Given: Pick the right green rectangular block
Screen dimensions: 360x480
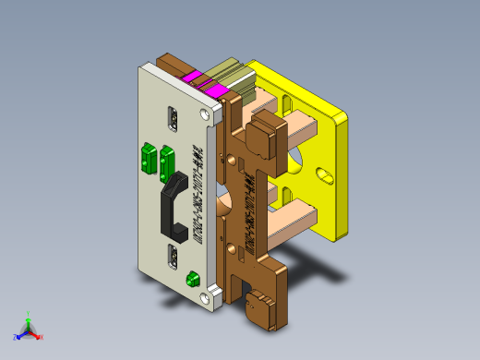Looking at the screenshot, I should pos(168,159).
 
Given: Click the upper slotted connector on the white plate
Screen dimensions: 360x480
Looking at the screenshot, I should pos(173,119).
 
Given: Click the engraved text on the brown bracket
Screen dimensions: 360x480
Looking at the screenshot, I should pos(246,201).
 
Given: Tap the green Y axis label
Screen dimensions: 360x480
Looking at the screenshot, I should pos(30,314).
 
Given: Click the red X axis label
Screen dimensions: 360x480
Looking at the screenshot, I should pos(42,337).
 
